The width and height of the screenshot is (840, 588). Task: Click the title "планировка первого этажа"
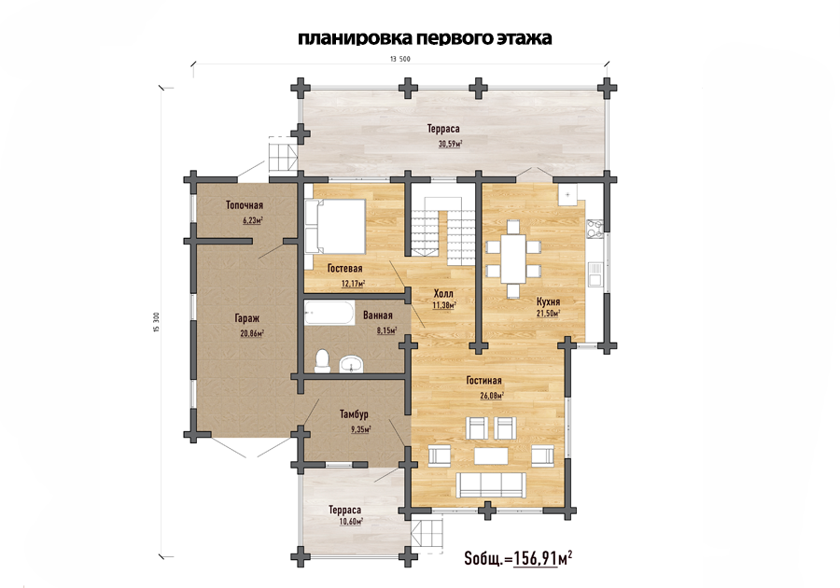(x=425, y=38)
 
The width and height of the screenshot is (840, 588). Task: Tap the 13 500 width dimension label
(x=400, y=59)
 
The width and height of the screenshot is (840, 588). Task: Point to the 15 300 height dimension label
(x=157, y=323)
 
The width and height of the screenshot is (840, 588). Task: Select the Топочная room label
(x=245, y=205)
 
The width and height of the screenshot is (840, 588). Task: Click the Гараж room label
(x=247, y=318)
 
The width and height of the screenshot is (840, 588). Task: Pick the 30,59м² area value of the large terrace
(x=451, y=144)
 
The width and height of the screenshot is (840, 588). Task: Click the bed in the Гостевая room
(x=335, y=226)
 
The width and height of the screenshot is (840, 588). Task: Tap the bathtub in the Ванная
(x=329, y=313)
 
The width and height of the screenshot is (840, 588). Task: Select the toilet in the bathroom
(x=323, y=361)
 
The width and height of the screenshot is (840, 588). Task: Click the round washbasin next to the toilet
(x=352, y=363)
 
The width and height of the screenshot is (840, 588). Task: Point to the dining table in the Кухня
(x=513, y=259)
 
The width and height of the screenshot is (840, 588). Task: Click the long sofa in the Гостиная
(x=491, y=484)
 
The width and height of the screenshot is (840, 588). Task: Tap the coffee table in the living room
(x=491, y=455)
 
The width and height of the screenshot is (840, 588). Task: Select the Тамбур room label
(x=354, y=414)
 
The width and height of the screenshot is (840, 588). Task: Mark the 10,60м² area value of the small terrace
(x=351, y=521)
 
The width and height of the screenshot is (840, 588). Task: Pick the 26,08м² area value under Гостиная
(x=492, y=396)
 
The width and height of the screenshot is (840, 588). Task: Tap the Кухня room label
(x=548, y=302)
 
